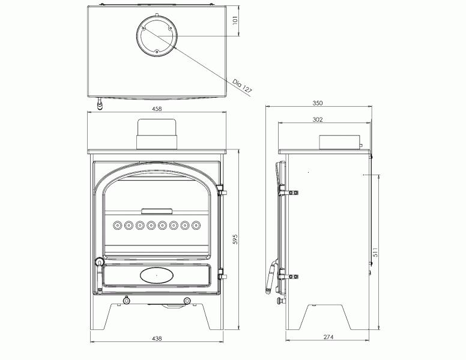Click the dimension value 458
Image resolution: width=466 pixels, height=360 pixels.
click(157, 109)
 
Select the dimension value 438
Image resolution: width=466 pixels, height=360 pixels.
click(157, 338)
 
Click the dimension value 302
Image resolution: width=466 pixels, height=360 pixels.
click(318, 119)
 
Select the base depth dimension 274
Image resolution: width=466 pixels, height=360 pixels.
click(328, 337)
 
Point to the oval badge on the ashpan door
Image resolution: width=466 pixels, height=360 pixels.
click(157, 275)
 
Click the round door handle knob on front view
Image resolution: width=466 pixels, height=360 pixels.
click(98, 262)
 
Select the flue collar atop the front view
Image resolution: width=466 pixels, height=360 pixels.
click(157, 134)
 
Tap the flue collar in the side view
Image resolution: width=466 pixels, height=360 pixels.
click(339, 142)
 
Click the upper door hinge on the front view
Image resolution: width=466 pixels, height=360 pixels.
click(223, 191)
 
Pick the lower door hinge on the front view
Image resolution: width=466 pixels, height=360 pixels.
click(223, 275)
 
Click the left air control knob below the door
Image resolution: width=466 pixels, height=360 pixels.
click(126, 300)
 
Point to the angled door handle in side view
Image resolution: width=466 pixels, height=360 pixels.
click(270, 277)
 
